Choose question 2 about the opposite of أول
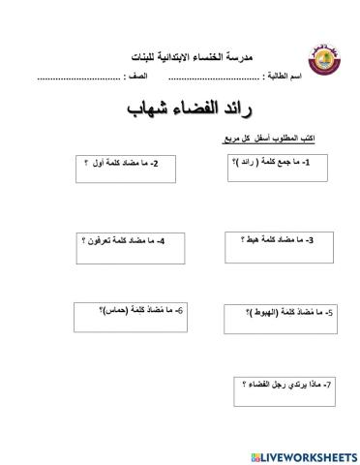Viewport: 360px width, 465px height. coord(122,164)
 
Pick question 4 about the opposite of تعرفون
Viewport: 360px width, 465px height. coord(122,240)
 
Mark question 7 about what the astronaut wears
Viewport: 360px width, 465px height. coord(285,387)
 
